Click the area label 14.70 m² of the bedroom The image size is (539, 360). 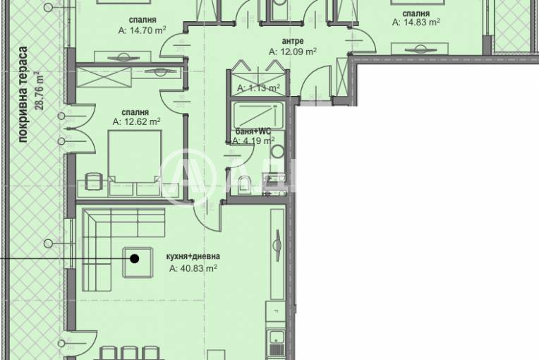point(143,30)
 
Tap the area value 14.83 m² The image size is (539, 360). point(416,22)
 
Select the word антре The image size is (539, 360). point(293,41)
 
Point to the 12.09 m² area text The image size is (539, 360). point(293,52)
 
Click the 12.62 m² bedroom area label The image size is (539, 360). point(137,121)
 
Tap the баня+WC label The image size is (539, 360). point(253,131)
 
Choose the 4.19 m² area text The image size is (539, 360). point(254,140)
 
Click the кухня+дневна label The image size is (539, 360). point(193,256)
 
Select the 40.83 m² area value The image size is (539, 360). point(193,268)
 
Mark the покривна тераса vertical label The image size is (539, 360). point(23,95)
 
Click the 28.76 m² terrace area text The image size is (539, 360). point(40,90)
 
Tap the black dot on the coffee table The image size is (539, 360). point(135,258)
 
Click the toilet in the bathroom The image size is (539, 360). point(244,184)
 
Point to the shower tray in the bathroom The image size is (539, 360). point(258,115)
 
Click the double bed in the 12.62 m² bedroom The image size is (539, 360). point(135,162)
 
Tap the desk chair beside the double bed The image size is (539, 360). point(93,181)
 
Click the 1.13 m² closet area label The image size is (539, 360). point(258,88)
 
